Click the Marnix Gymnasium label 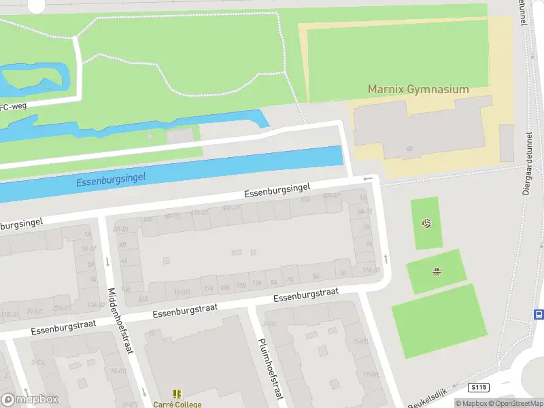tap(418, 89)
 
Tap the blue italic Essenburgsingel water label tap(111, 179)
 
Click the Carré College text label tap(177, 405)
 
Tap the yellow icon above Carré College tap(177, 394)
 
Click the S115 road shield tap(479, 387)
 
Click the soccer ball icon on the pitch tap(426, 222)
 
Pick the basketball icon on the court tap(437, 273)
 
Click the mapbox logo tap(30, 400)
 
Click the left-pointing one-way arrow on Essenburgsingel tap(368, 179)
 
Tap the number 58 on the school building tap(409, 148)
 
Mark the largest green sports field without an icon tap(439, 321)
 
